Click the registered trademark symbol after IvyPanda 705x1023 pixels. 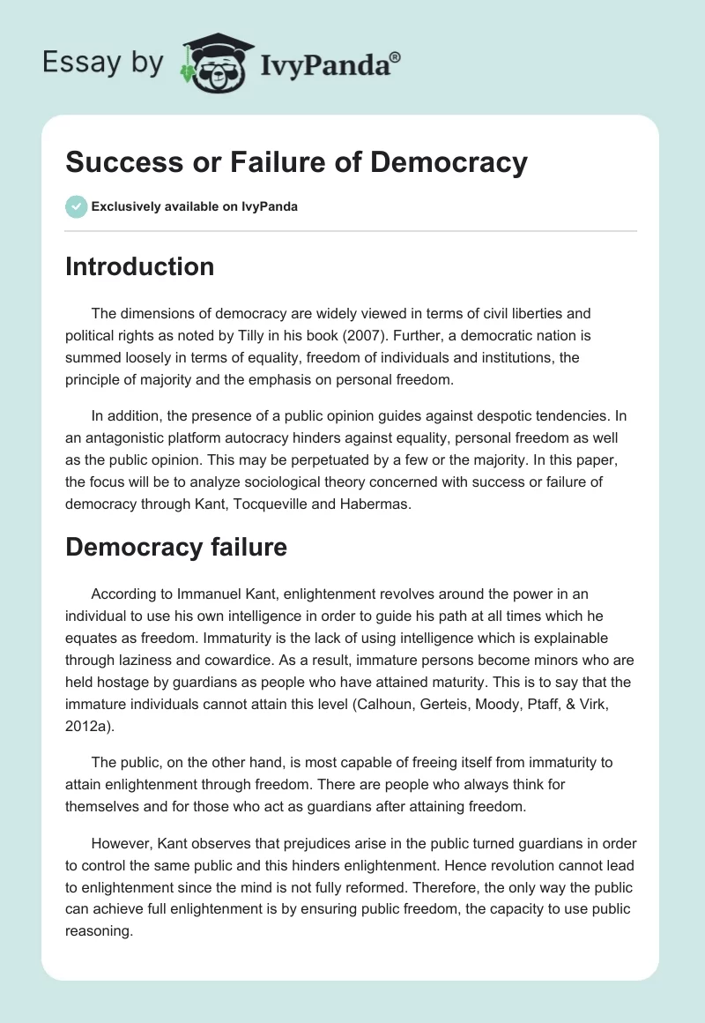click(x=396, y=57)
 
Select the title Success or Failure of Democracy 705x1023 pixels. click(x=296, y=162)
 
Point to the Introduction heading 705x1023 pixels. click(x=139, y=266)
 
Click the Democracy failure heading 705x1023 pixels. click(x=176, y=547)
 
